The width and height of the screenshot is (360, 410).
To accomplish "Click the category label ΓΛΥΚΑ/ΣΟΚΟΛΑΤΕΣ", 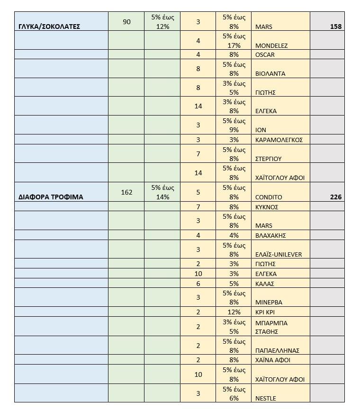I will point(49,27).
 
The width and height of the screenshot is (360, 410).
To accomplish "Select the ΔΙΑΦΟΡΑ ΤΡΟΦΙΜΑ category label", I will point(51,197).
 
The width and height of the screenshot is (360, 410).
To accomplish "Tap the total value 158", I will point(336,27).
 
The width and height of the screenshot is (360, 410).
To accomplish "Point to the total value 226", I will point(336,197).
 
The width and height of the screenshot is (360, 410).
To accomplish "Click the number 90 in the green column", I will point(126,22).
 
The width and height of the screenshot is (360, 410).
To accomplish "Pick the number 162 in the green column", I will point(126,192).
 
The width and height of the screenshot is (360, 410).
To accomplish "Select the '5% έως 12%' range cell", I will point(162,22).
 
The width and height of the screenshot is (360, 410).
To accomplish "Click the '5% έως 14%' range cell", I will point(162,192).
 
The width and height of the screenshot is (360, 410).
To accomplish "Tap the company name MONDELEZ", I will point(271,45).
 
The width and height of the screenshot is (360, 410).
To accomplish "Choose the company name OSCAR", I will point(265,54).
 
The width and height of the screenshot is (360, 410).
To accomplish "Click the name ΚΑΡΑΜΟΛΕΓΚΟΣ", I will point(279,140).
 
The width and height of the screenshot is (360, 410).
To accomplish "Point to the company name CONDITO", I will point(268,197).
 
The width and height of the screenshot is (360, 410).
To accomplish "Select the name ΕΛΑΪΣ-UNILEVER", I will point(278,254).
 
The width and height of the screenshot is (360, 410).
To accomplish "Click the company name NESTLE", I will point(265,398).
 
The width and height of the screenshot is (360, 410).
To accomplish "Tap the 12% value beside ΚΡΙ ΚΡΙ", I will point(234,312).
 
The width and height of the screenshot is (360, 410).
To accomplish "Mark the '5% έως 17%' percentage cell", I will point(234,41).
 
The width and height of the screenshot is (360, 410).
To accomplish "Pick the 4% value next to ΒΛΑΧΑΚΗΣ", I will point(234,235).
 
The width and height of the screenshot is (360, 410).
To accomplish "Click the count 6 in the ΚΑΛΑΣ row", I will point(198,284).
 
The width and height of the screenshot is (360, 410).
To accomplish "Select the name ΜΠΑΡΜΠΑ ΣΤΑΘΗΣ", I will point(271,327).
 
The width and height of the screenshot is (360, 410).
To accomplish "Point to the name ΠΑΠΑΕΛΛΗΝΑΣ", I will point(277,350).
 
